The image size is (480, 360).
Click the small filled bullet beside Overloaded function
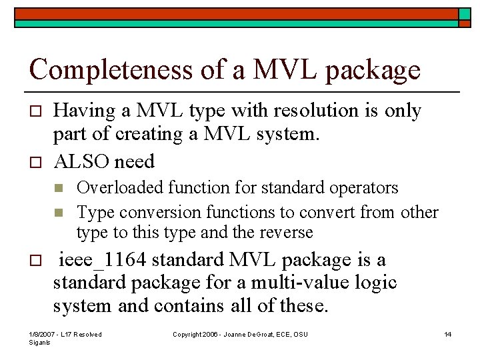point(59,189)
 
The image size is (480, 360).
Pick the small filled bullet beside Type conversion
point(59,213)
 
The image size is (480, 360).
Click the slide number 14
point(448,334)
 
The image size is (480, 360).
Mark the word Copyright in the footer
point(187,334)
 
